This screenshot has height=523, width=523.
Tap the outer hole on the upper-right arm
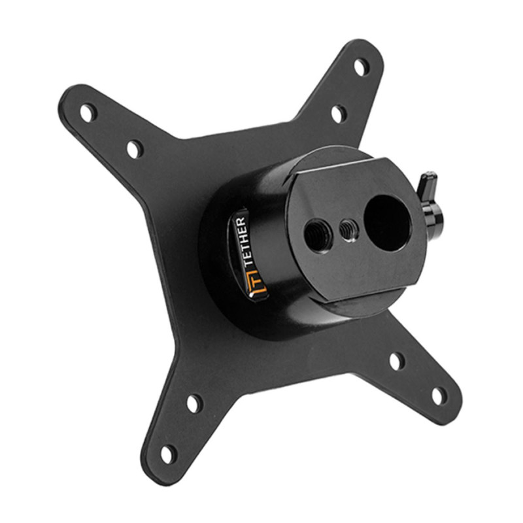pyautogui.click(x=360, y=66)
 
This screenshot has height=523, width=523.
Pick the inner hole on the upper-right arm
pyautogui.click(x=338, y=114)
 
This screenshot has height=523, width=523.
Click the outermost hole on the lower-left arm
pyautogui.click(x=169, y=453)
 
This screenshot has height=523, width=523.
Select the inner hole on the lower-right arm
pyautogui.click(x=397, y=361)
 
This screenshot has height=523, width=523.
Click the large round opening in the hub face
pyautogui.click(x=387, y=222)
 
